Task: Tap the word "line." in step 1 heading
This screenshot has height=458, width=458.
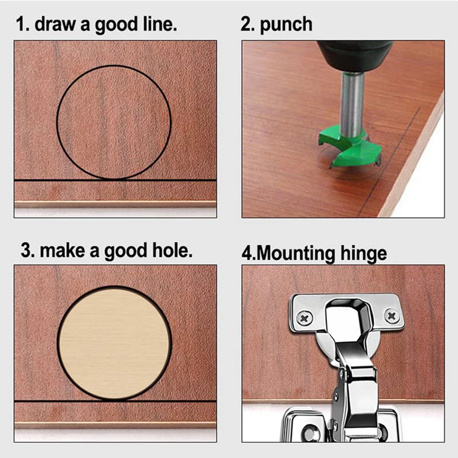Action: click(156, 25)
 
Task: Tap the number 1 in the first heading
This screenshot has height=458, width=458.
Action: click(21, 25)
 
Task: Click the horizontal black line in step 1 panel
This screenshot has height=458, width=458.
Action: click(34, 180)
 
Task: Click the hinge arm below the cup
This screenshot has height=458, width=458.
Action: click(355, 389)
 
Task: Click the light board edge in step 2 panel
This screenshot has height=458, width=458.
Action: click(418, 160)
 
